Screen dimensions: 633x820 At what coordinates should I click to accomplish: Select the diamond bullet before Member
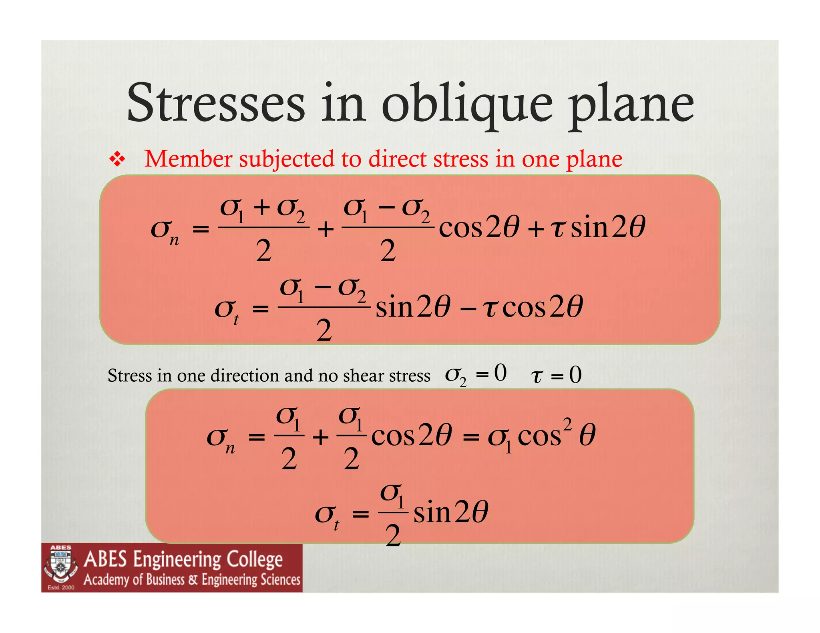(117, 160)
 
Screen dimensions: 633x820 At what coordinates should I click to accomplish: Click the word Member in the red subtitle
(188, 159)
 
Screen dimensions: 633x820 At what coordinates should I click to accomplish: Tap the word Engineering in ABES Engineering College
(177, 559)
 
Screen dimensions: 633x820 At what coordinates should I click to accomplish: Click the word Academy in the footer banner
(107, 579)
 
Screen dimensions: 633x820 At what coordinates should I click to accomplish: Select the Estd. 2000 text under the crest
(61, 587)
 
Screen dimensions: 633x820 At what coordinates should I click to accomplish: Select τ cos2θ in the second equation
(533, 307)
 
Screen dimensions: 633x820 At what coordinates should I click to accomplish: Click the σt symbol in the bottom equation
(327, 515)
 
